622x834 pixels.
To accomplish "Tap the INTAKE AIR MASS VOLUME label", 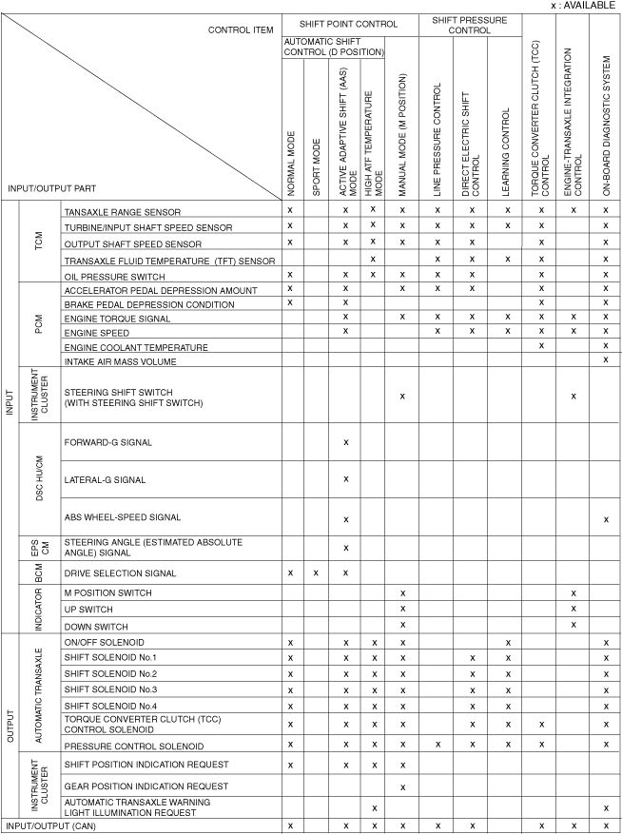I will pos(119,362).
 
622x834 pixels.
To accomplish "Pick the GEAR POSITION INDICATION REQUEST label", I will pos(146,786).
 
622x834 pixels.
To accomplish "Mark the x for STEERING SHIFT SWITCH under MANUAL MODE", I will pos(402,395).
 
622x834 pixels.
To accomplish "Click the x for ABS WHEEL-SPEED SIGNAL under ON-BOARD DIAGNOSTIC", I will pos(605,518).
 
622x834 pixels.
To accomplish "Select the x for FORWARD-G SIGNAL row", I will pos(345,442).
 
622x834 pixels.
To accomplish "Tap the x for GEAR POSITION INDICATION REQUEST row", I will pos(402,786).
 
